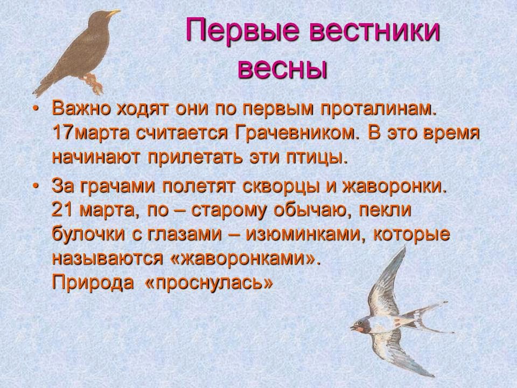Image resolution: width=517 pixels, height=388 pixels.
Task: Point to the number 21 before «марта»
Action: (x=62, y=210)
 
